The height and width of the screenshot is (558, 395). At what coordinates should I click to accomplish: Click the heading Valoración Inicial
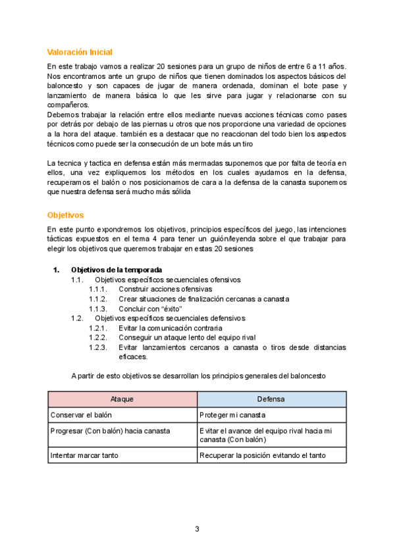tap(80, 52)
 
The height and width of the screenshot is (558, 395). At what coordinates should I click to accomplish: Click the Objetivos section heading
tap(65, 215)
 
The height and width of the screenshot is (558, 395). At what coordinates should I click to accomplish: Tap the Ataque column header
tap(122, 399)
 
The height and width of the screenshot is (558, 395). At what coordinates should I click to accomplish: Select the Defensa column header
tap(271, 399)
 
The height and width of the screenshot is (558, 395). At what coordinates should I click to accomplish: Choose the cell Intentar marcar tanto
tap(83, 455)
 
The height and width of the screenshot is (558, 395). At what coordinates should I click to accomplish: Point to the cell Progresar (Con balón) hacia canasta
tap(110, 430)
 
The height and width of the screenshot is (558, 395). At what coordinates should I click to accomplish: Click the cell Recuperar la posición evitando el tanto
tap(263, 455)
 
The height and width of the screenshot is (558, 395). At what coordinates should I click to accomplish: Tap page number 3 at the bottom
tap(197, 529)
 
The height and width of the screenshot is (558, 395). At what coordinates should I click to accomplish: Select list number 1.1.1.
tap(97, 289)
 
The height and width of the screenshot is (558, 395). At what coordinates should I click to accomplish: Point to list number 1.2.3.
tap(97, 347)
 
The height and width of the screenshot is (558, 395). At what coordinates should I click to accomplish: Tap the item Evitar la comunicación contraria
tap(171, 328)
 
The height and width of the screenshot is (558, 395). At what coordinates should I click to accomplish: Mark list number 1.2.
tap(77, 318)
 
